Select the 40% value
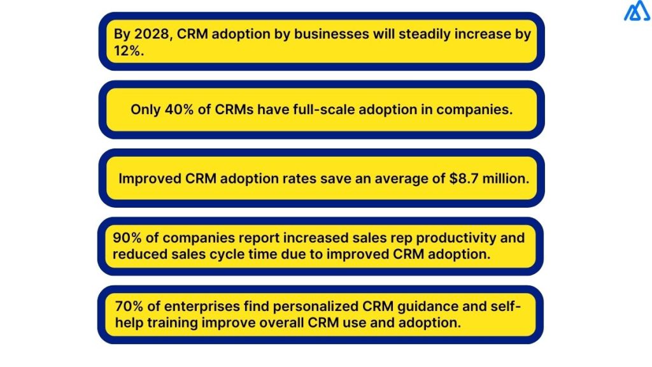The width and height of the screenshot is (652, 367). (180, 109)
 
